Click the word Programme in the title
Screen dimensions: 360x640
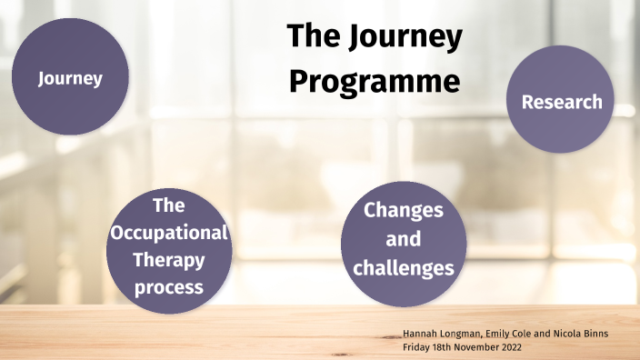[x=375, y=81]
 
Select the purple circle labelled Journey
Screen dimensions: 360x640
[x=70, y=78]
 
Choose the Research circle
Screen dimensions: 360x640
[x=561, y=101]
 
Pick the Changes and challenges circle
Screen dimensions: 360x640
[x=404, y=239]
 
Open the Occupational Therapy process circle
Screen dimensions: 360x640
[x=168, y=250]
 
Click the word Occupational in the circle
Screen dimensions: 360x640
[x=168, y=233]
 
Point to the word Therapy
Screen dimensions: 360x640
[x=168, y=260]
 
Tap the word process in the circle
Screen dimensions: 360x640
[x=168, y=288]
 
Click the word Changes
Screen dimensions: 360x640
[x=404, y=210]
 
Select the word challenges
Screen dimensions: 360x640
[x=404, y=268]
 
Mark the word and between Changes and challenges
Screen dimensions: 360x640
[x=404, y=240]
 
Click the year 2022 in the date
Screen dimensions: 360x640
[x=510, y=347]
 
